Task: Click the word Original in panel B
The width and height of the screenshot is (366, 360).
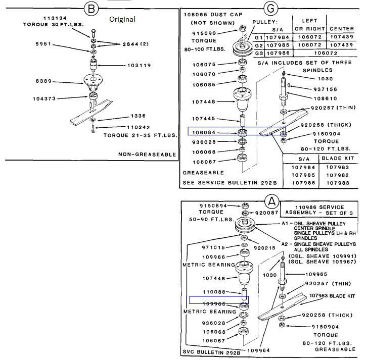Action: pos(123,19)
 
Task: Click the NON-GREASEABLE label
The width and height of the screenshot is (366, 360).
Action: pos(147,154)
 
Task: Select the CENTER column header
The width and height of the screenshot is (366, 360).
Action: pos(342,29)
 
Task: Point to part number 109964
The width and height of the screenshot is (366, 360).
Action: pos(259,350)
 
